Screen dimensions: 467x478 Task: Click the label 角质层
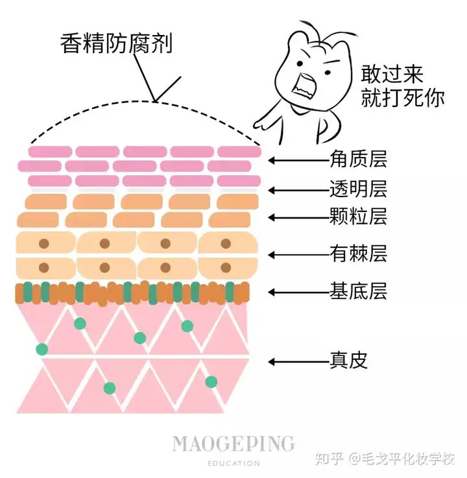click(358, 159)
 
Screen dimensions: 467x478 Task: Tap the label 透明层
click(358, 189)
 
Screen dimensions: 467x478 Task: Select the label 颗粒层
click(358, 217)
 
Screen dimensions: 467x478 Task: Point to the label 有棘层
click(358, 254)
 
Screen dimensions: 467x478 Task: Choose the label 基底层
click(358, 291)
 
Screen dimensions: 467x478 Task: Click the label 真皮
click(349, 361)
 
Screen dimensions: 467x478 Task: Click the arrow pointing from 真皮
click(299, 362)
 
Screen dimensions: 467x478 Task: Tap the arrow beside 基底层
click(299, 293)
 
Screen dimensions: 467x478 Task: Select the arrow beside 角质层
click(299, 160)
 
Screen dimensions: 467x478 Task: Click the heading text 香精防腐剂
click(117, 43)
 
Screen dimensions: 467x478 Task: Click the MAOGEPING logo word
click(233, 444)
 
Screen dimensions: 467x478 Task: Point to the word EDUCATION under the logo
click(233, 463)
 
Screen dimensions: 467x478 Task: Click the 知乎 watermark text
click(329, 458)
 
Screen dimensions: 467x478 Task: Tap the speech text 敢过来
click(392, 74)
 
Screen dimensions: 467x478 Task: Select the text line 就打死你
click(402, 98)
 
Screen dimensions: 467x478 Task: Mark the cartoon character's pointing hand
click(263, 123)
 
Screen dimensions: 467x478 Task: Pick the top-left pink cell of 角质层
click(51, 152)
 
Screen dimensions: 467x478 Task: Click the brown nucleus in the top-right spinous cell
click(226, 244)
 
